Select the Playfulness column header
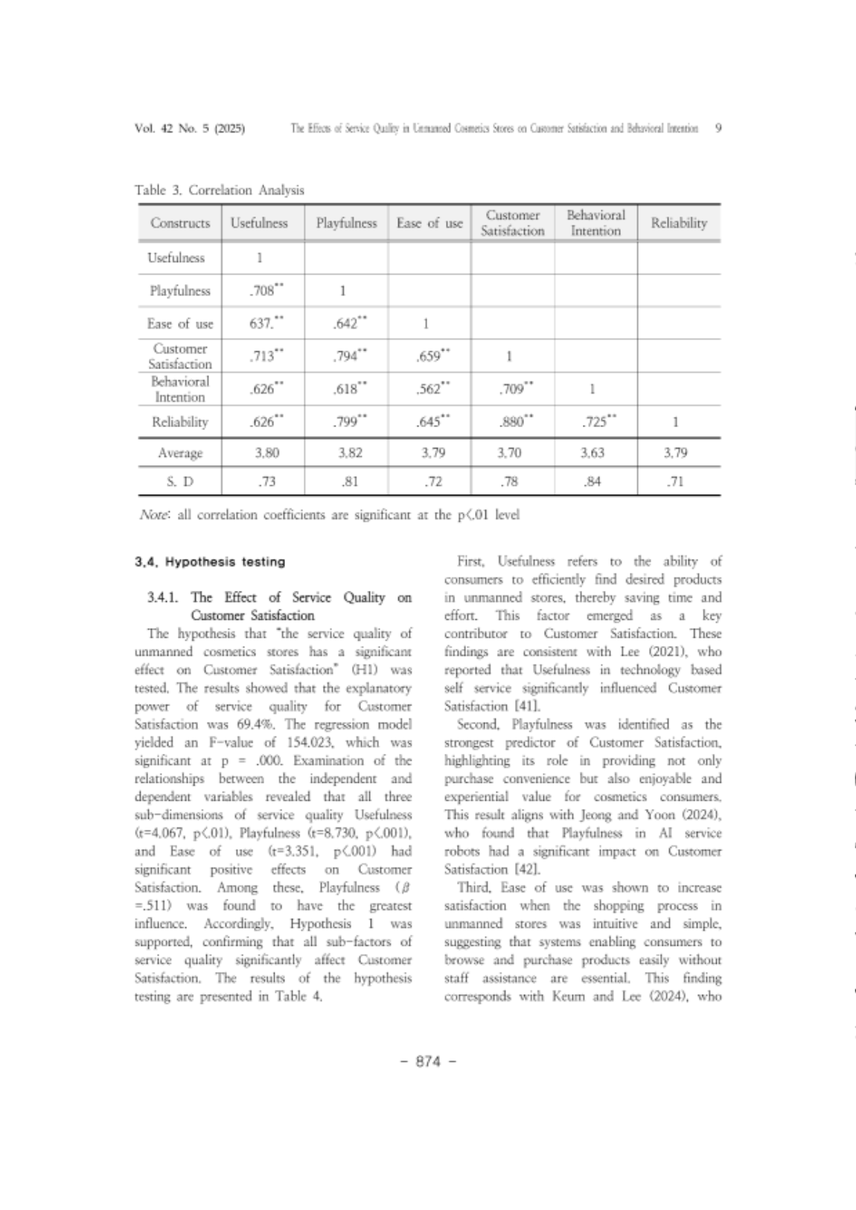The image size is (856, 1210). pos(346,223)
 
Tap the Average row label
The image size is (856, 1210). pos(179,452)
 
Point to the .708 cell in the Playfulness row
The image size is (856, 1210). pos(263,291)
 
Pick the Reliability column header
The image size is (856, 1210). pos(678,223)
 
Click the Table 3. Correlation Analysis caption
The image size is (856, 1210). pos(220,190)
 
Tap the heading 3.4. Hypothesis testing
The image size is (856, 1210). pos(210,562)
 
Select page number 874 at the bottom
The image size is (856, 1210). pos(428,1062)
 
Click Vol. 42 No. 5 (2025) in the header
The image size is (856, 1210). pos(190,128)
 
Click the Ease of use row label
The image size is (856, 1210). pos(179,324)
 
